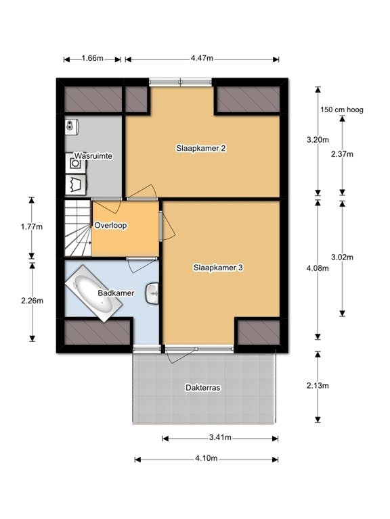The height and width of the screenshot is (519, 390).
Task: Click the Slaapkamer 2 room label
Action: tap(200, 148)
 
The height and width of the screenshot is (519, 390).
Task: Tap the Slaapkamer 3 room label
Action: tap(218, 268)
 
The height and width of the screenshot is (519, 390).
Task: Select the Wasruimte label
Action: tap(93, 155)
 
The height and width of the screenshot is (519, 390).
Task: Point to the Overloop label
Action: tap(110, 226)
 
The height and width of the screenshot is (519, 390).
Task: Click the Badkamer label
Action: tap(116, 293)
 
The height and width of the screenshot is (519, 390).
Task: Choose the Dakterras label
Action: tap(203, 388)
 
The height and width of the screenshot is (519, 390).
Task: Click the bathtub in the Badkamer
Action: tap(94, 294)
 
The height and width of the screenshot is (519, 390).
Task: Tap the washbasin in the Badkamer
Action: tap(152, 293)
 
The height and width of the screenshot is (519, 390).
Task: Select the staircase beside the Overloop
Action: tap(78, 228)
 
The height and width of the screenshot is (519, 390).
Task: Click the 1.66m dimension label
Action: tap(93, 58)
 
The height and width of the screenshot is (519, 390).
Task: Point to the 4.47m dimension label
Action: tap(202, 58)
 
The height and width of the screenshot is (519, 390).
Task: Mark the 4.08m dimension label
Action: tap(318, 268)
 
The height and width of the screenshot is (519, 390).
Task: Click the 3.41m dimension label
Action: tap(220, 437)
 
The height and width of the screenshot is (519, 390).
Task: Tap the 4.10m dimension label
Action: tap(207, 458)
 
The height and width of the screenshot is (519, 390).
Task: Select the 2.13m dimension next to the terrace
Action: tap(318, 386)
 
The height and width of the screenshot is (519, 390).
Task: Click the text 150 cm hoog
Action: tap(342, 109)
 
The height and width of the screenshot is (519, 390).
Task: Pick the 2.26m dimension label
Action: tap(32, 301)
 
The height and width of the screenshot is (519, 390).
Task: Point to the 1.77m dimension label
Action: tap(32, 227)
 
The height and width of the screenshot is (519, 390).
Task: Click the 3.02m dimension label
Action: tap(342, 257)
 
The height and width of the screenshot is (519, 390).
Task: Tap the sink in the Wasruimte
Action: tap(72, 126)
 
